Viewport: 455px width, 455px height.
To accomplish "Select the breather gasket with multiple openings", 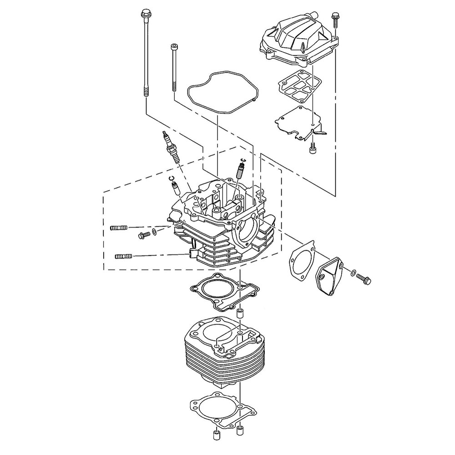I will [x=296, y=86].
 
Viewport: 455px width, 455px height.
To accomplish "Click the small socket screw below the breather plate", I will [x=312, y=148].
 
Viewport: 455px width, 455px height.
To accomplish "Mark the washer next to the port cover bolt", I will [x=353, y=273].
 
